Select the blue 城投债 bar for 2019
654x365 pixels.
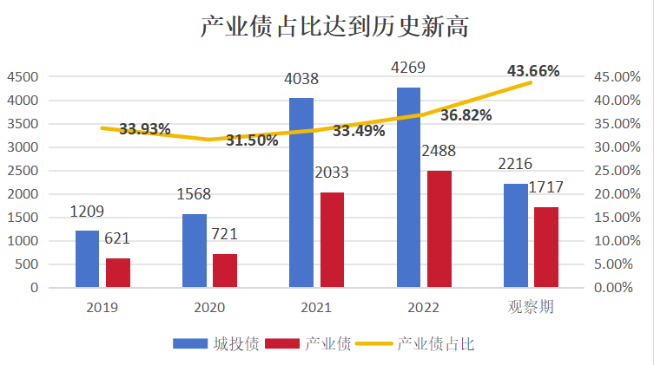[87, 257]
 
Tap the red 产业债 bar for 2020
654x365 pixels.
[224, 270]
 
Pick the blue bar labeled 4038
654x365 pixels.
[301, 192]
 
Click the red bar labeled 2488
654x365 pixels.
[439, 228]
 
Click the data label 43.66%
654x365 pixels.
[533, 71]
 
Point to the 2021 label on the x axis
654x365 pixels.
[316, 308]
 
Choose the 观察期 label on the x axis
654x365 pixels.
[532, 308]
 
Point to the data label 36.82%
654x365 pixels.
[466, 114]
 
